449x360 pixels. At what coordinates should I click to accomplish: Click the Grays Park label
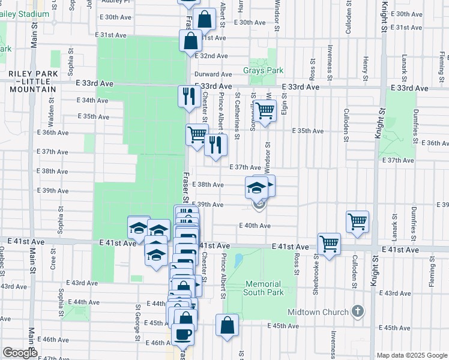tap(263, 71)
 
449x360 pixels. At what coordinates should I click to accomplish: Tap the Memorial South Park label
tap(262, 288)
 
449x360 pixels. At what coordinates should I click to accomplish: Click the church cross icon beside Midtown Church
tap(358, 311)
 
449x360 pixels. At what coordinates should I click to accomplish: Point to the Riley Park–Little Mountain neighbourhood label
tap(32, 81)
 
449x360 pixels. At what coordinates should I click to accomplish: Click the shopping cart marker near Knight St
tap(357, 222)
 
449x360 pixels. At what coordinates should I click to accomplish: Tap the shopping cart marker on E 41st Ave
tap(329, 244)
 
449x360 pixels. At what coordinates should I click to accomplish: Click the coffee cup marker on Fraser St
tap(183, 334)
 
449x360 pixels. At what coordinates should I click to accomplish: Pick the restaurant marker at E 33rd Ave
tap(189, 95)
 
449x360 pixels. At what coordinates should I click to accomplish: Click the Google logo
tap(20, 353)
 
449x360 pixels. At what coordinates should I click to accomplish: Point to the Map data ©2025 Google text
tap(412, 355)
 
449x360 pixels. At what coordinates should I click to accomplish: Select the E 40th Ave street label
tap(255, 226)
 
